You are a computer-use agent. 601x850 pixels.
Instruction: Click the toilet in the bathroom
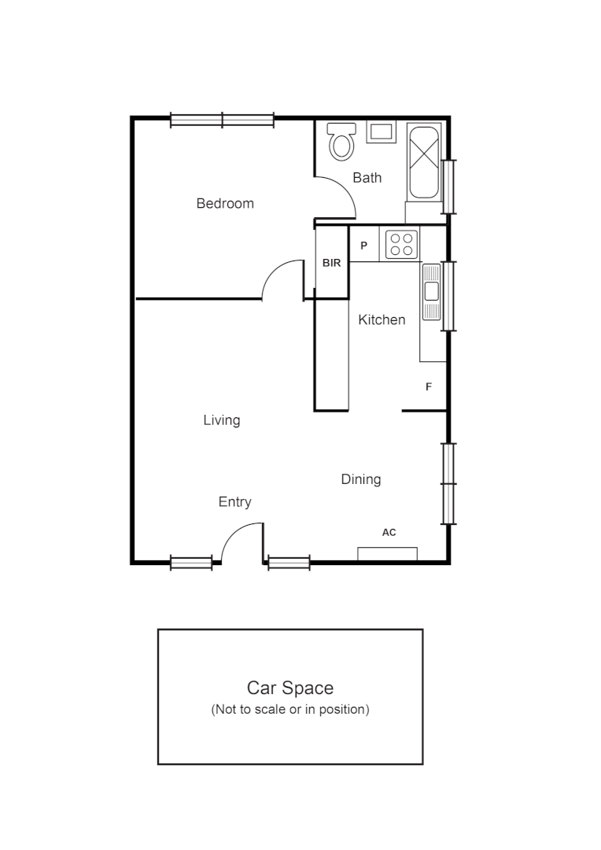pyautogui.click(x=341, y=142)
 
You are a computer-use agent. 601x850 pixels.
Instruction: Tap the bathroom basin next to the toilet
pyautogui.click(x=382, y=132)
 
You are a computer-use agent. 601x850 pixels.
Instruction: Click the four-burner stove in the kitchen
pyautogui.click(x=400, y=244)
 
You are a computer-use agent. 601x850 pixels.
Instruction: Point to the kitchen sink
pyautogui.click(x=431, y=291)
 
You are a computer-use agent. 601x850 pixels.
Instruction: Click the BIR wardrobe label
pyautogui.click(x=332, y=263)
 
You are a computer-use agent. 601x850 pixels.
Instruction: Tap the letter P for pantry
pyautogui.click(x=363, y=246)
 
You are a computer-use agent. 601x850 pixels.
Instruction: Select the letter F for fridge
pyautogui.click(x=429, y=387)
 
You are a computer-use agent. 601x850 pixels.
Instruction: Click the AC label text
pyautogui.click(x=389, y=533)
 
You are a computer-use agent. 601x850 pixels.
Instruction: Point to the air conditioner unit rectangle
pyautogui.click(x=387, y=553)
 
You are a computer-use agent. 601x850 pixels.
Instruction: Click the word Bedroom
pyautogui.click(x=225, y=204)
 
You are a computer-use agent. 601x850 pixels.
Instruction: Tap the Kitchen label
pyautogui.click(x=382, y=320)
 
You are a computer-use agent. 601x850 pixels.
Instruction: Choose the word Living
pyautogui.click(x=222, y=420)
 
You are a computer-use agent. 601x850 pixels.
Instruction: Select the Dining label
pyautogui.click(x=361, y=479)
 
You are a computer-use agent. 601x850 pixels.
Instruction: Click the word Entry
pyautogui.click(x=234, y=502)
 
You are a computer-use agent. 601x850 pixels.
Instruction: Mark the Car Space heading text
pyautogui.click(x=290, y=688)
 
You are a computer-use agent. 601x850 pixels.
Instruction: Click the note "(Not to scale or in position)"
pyautogui.click(x=290, y=709)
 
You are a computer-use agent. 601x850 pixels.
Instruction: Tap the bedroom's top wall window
pyautogui.click(x=223, y=120)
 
